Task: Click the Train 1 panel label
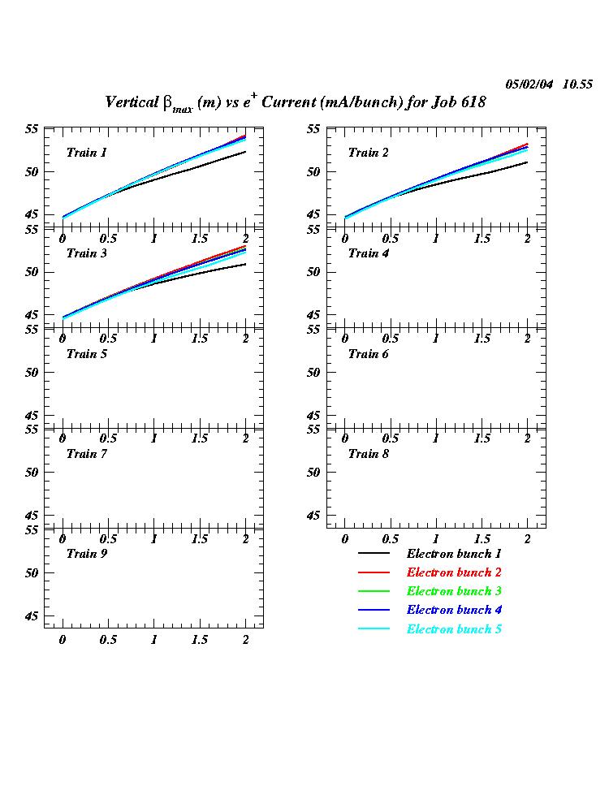point(86,153)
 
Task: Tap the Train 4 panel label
point(368,253)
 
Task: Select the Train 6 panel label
point(368,353)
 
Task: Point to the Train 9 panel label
point(86,554)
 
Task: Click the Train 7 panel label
point(86,453)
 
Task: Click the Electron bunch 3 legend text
point(449,591)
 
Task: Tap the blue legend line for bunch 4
point(374,610)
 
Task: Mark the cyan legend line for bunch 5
point(374,629)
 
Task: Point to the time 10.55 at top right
point(577,84)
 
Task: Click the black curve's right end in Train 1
point(245,152)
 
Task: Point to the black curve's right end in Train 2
point(527,162)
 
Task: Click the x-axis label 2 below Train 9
point(245,640)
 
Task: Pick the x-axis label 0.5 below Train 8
point(390,539)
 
